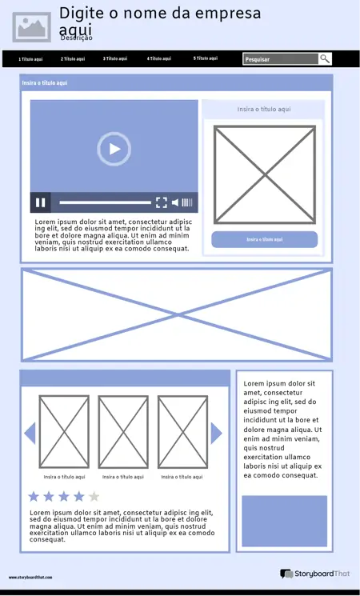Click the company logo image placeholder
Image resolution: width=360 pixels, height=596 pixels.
pyautogui.click(x=32, y=26)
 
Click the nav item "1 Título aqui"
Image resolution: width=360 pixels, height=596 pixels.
pyautogui.click(x=30, y=59)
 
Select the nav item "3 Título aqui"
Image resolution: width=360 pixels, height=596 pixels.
pyautogui.click(x=114, y=58)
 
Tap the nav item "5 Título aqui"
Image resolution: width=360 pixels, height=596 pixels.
pyautogui.click(x=205, y=58)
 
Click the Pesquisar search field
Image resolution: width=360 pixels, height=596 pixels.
pyautogui.click(x=280, y=59)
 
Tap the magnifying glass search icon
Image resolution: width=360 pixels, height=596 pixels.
pyautogui.click(x=325, y=58)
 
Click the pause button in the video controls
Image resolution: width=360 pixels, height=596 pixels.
pyautogui.click(x=40, y=202)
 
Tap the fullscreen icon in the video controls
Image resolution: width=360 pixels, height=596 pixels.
pyautogui.click(x=161, y=202)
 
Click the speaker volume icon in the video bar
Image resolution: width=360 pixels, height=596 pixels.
pyautogui.click(x=176, y=202)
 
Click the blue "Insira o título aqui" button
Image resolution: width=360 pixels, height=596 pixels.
pyautogui.click(x=264, y=239)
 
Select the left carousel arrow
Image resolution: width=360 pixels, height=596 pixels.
pyautogui.click(x=30, y=433)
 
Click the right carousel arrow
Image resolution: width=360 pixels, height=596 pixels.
pyautogui.click(x=216, y=433)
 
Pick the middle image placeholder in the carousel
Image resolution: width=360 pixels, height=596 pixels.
pyautogui.click(x=123, y=432)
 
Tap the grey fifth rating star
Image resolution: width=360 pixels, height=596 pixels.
pyautogui.click(x=94, y=496)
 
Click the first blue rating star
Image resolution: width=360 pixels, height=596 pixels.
pyautogui.click(x=34, y=496)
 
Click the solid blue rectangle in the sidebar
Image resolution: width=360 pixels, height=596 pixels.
pyautogui.click(x=284, y=520)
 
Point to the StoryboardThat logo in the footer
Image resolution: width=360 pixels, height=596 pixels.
pyautogui.click(x=315, y=574)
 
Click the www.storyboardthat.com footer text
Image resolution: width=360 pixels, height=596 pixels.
pyautogui.click(x=30, y=577)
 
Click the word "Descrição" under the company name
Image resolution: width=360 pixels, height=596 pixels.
pyautogui.click(x=77, y=38)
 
